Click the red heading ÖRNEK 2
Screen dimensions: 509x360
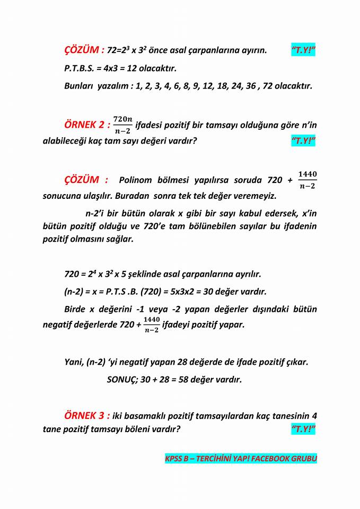point(86,125)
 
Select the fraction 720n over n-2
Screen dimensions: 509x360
point(123,125)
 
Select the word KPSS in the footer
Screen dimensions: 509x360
point(174,459)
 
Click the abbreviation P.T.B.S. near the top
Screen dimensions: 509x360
point(80,68)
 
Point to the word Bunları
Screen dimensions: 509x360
point(80,86)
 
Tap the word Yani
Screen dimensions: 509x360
point(74,363)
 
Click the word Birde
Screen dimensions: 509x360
point(75,309)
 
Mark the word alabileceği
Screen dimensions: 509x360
point(65,142)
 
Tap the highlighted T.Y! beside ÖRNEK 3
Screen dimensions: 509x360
point(303,429)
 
